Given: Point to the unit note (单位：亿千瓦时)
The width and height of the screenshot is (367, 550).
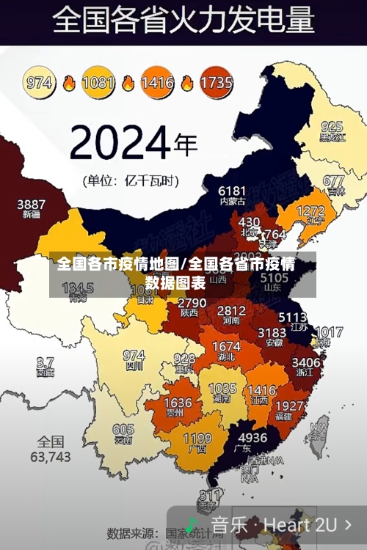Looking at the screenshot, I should tap(130, 179).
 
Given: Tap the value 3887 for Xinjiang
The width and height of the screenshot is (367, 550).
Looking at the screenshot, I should tap(31, 204).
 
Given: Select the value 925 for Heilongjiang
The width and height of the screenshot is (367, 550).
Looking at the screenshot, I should tap(331, 126).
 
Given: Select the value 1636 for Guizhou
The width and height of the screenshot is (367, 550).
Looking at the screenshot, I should tap(177, 403).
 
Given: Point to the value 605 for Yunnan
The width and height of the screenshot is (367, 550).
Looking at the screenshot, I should tap(123, 430).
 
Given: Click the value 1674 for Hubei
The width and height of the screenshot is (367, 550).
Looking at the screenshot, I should tap(225, 346).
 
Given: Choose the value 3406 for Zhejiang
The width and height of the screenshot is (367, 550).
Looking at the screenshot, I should tap(305, 362).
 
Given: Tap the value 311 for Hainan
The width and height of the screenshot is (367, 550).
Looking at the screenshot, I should tap(210, 494).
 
